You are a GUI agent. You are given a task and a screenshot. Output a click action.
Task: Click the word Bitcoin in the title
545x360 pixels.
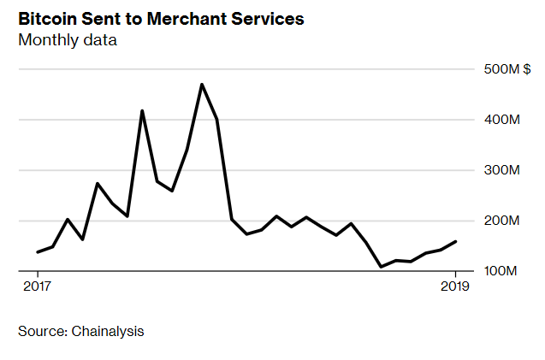pyautogui.click(x=47, y=18)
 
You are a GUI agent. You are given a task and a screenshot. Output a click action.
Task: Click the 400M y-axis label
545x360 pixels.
pyautogui.click(x=502, y=120)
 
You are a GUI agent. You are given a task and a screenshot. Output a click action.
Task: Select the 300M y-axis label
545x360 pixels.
pyautogui.click(x=502, y=170)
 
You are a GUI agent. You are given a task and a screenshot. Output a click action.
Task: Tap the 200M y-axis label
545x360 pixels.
pyautogui.click(x=502, y=221)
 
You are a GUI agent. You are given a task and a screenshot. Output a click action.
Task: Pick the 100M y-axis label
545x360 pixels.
pyautogui.click(x=502, y=271)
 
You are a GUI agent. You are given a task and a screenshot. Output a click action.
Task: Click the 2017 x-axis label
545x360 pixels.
pyautogui.click(x=38, y=287)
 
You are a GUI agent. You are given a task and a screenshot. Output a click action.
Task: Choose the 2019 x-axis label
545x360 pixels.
pyautogui.click(x=456, y=287)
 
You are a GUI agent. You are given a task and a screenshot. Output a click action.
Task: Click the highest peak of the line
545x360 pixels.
pyautogui.click(x=202, y=84)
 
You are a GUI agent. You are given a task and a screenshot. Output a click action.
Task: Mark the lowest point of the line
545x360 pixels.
pyautogui.click(x=382, y=267)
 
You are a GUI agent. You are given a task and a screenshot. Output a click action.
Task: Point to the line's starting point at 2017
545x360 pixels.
pyautogui.click(x=38, y=252)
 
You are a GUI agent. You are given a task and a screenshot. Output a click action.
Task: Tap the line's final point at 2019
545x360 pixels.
pyautogui.click(x=456, y=241)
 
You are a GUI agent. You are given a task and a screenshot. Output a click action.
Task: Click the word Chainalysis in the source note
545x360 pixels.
pyautogui.click(x=107, y=330)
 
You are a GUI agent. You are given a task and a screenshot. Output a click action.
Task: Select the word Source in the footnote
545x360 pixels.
pyautogui.click(x=39, y=330)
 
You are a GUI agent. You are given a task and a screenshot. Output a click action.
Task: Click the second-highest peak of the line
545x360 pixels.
pyautogui.click(x=142, y=110)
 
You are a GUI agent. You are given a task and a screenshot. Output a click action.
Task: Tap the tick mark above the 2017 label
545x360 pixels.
pyautogui.click(x=38, y=274)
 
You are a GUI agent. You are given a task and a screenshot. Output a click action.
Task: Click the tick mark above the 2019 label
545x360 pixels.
pyautogui.click(x=456, y=274)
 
